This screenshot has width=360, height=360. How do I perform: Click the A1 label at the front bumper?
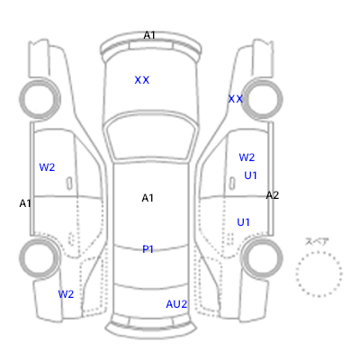click(149, 35)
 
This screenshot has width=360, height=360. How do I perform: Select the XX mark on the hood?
click(142, 80)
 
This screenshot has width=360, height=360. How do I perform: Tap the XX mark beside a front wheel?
click(236, 99)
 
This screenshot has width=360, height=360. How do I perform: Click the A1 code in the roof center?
click(148, 198)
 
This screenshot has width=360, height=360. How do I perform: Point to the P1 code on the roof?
click(148, 249)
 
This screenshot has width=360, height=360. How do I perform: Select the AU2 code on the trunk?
click(176, 304)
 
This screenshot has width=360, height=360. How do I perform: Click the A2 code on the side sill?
click(273, 195)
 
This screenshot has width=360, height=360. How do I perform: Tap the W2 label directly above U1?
click(247, 157)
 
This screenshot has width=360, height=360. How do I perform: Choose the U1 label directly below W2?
click(250, 175)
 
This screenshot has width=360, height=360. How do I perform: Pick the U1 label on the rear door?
click(243, 222)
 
